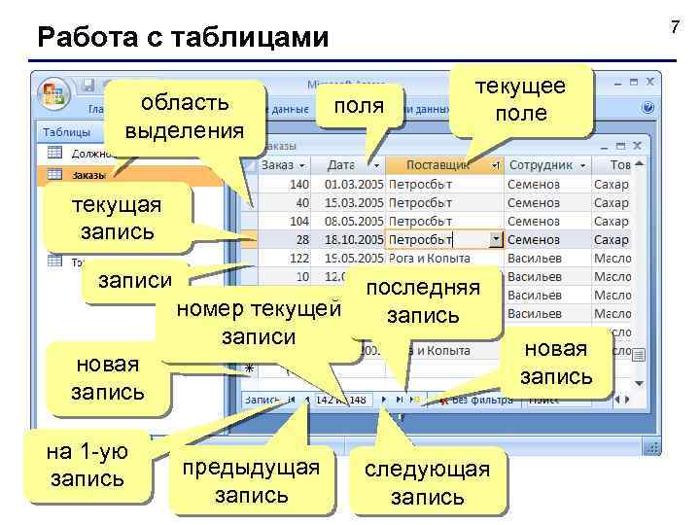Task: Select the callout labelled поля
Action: (x=359, y=106)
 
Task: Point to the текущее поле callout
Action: (x=520, y=101)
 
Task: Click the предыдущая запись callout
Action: (x=252, y=479)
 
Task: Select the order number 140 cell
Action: (x=293, y=184)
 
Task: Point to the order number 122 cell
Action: (x=293, y=258)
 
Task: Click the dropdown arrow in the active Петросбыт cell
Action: (x=496, y=239)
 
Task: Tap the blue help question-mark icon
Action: (x=648, y=107)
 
